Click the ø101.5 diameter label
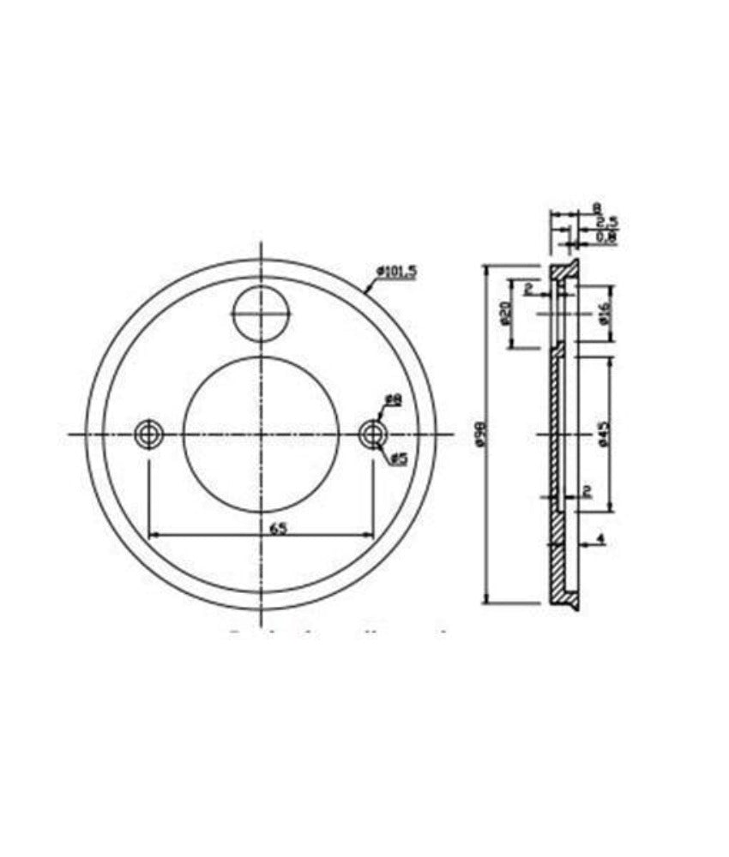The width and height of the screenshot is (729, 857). pos(396,272)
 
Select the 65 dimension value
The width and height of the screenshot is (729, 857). pos(278,528)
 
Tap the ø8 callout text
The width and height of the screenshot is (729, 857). pos(394,399)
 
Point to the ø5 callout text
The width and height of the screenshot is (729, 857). pos(398,459)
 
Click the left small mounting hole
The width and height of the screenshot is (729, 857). pos(149,434)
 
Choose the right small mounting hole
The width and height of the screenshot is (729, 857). pos(372,434)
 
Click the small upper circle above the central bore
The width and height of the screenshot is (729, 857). pos(262,314)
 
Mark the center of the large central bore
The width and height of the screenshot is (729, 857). pos(262,434)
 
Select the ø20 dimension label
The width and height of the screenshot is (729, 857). pos(505,314)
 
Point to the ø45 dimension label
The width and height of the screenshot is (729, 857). pos(604,434)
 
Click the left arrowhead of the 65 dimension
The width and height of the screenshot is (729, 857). pos(154,536)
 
